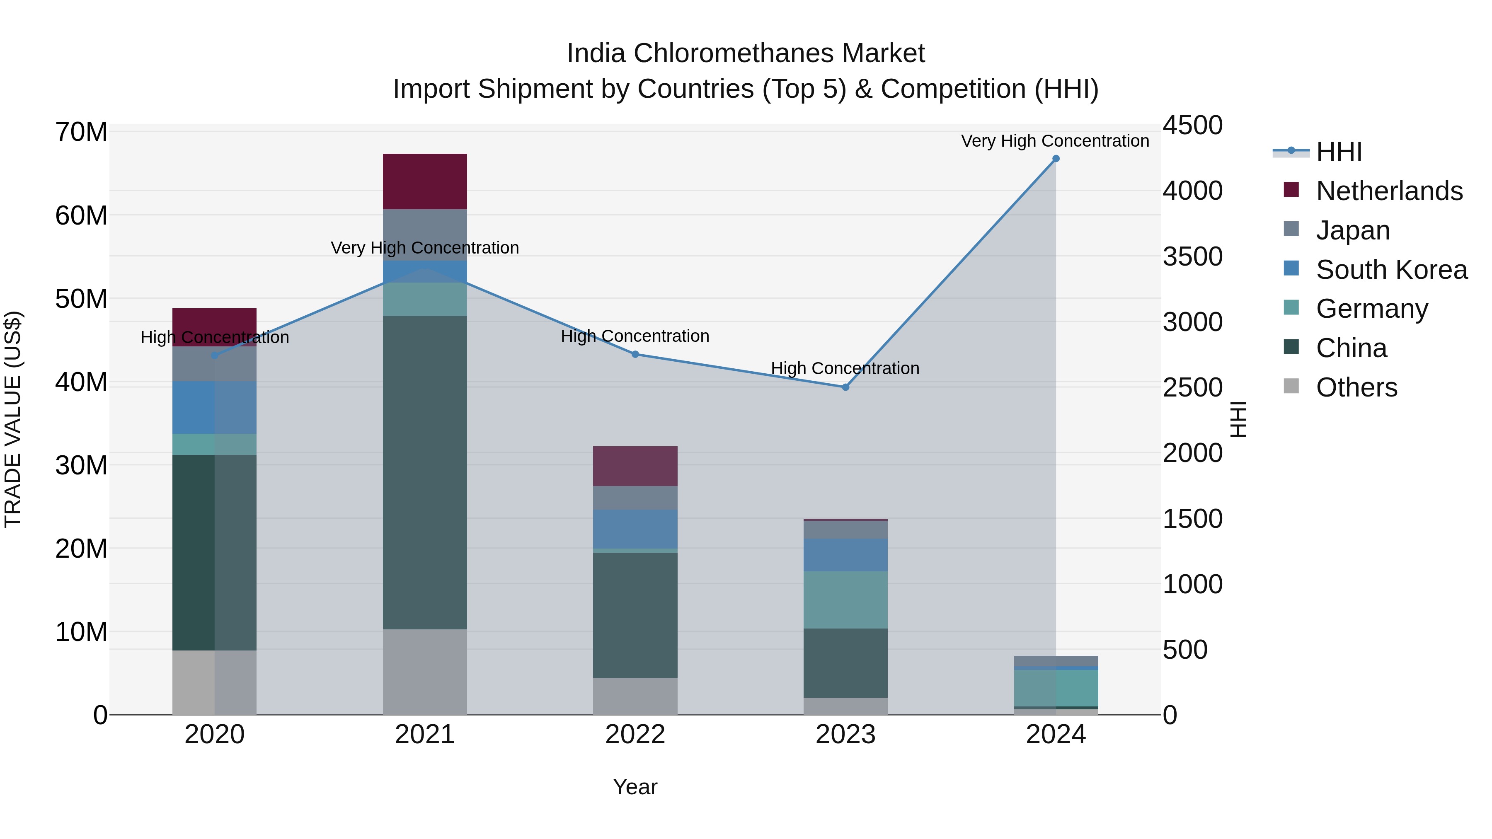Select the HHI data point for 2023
845,387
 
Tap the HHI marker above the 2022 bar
635,354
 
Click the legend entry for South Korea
1391,269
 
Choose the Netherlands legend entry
1389,191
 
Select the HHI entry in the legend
1339,152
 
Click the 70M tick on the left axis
81,132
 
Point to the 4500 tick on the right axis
1192,126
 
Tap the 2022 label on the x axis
635,735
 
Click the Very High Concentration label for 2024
1055,141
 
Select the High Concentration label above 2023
845,368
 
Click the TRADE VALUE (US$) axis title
13,419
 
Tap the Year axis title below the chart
635,787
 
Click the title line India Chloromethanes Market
746,53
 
